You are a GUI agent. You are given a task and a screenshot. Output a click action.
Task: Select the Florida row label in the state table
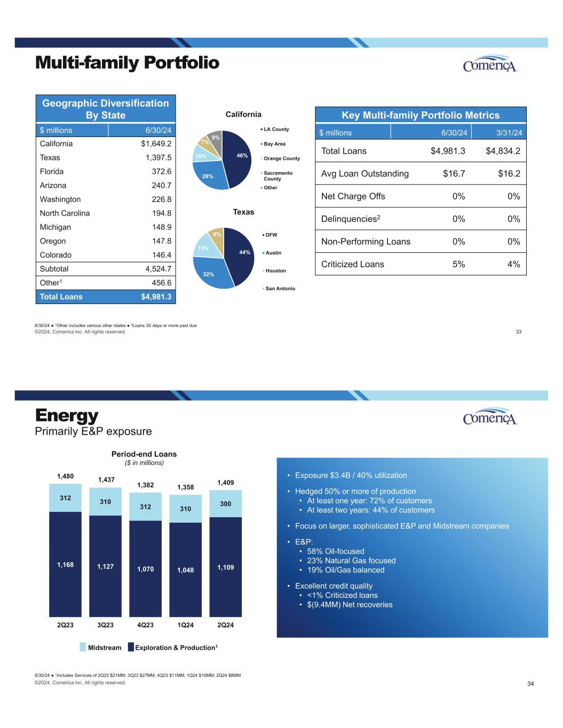pyautogui.click(x=52, y=172)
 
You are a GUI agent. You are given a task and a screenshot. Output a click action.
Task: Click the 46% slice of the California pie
pyautogui.click(x=236, y=158)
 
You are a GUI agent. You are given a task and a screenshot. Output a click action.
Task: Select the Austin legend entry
pyautogui.click(x=273, y=253)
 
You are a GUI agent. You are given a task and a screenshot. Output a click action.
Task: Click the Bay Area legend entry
pyautogui.click(x=274, y=144)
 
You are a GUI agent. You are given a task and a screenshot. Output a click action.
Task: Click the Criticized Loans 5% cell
pyautogui.click(x=458, y=264)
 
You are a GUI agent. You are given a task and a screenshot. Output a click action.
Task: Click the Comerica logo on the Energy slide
pyautogui.click(x=490, y=418)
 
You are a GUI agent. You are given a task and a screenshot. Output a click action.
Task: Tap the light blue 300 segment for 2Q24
pyautogui.click(x=226, y=503)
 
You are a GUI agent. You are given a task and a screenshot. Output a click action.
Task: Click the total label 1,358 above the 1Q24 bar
pyautogui.click(x=185, y=487)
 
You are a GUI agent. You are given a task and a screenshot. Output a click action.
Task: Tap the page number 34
pyautogui.click(x=530, y=684)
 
